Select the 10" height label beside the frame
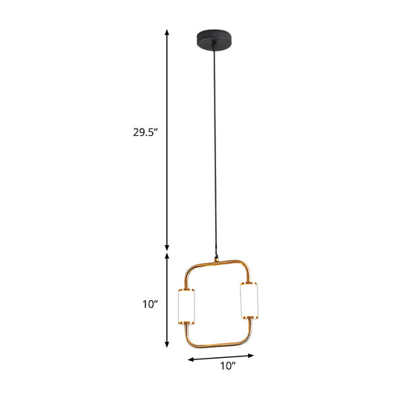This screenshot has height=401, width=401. (x=150, y=304)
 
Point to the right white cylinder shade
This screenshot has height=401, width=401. (x=248, y=300)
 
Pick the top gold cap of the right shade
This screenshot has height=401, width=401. (x=248, y=282)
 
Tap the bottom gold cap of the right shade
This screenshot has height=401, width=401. (x=248, y=319)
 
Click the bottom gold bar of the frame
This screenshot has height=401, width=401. (x=215, y=343)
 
